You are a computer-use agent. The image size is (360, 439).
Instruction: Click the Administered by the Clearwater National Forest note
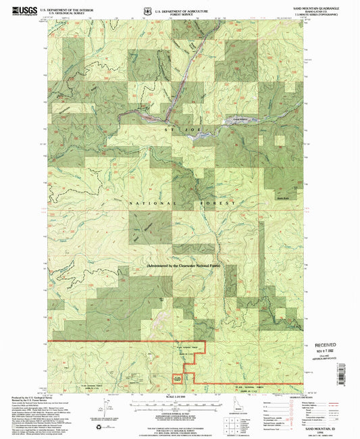[x=182, y=267]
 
